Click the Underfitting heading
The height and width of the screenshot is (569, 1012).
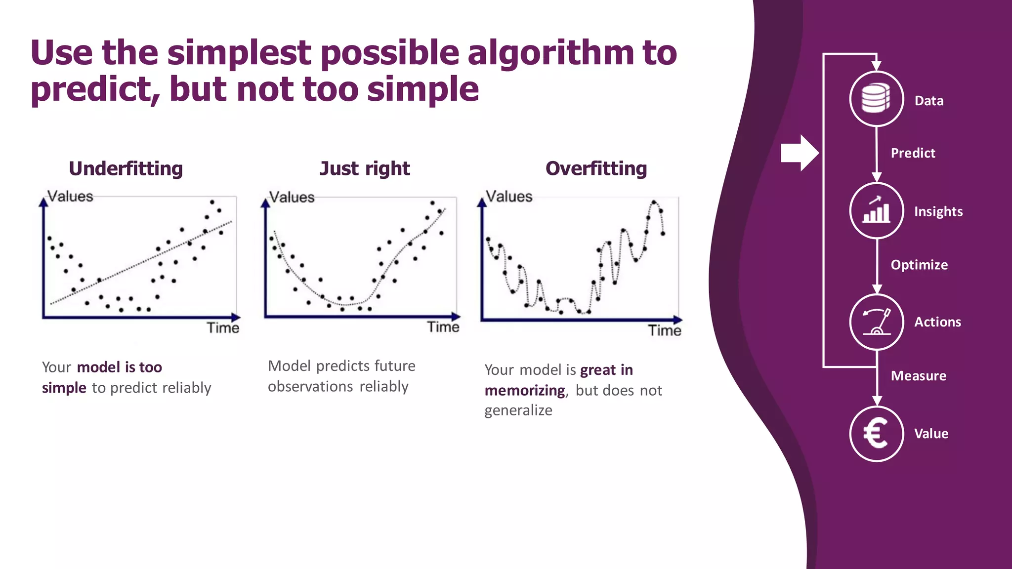[126, 168]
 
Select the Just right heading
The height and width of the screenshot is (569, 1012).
[365, 168]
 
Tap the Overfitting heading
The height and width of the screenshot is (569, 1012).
[596, 168]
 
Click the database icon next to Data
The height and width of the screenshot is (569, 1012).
[876, 98]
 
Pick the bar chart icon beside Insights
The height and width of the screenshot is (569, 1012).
[876, 211]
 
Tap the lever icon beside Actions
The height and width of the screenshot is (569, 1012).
[876, 322]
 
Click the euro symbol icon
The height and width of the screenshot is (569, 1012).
[876, 434]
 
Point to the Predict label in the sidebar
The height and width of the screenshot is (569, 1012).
[913, 153]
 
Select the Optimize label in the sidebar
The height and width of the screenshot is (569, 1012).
[919, 265]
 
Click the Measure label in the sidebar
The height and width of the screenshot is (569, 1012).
[918, 376]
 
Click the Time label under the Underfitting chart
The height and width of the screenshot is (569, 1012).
[223, 328]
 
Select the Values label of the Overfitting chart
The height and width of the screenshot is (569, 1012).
[509, 197]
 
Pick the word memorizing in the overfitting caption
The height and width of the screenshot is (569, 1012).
[524, 391]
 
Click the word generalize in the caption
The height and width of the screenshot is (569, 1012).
[518, 410]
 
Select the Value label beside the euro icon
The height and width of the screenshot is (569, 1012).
[931, 434]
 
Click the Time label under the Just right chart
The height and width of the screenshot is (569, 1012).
[443, 327]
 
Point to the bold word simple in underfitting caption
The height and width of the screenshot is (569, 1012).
[64, 388]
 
